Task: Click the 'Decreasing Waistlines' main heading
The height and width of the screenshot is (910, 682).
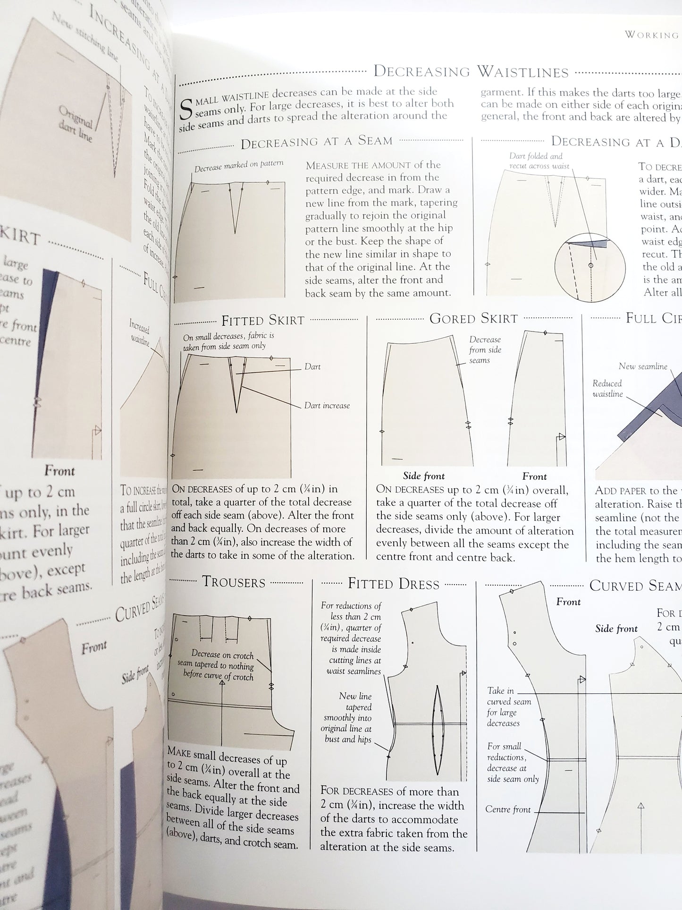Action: (x=471, y=72)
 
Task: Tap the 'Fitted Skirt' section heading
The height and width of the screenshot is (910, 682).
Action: (x=263, y=321)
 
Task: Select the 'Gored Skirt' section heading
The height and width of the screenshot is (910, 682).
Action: (x=473, y=318)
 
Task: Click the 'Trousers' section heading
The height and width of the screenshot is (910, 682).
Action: (x=234, y=582)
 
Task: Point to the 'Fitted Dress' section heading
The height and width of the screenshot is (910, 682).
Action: (x=393, y=584)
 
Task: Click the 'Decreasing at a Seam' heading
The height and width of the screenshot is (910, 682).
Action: (x=316, y=141)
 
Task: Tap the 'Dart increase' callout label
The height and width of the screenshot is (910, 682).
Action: (x=327, y=405)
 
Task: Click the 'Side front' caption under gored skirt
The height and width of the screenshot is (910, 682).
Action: (x=423, y=476)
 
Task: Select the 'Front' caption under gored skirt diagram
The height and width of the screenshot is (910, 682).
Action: (x=534, y=476)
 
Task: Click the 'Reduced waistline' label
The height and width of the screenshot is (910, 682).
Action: (x=607, y=388)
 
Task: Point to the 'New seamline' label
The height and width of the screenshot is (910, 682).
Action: (x=643, y=366)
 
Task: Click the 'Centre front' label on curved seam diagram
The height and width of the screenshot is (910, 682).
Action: (x=508, y=809)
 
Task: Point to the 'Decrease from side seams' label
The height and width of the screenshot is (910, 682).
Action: (x=485, y=350)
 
